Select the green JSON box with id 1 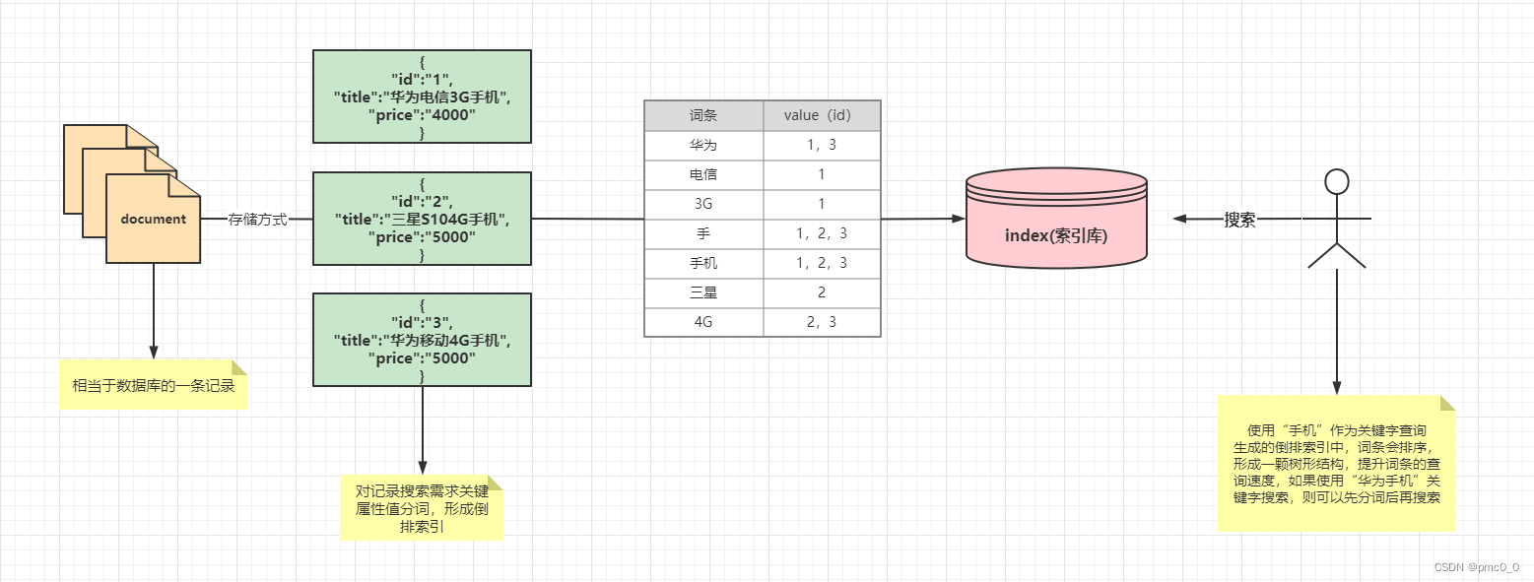422,97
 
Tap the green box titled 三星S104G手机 422,219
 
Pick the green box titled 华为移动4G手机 422,340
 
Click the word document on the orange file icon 153,219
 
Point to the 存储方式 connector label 258,220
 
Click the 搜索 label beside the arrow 1239,220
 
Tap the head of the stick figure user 1336,181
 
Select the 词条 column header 703,115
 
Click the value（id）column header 822,115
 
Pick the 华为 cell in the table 703,146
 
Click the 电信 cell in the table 703,175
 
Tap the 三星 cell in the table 703,292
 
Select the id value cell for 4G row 822,322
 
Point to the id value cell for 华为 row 822,146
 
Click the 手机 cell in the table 703,263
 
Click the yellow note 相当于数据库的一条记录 153,385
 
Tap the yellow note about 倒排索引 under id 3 422,507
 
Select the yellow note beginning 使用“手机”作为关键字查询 1336,463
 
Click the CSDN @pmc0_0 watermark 1476,567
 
